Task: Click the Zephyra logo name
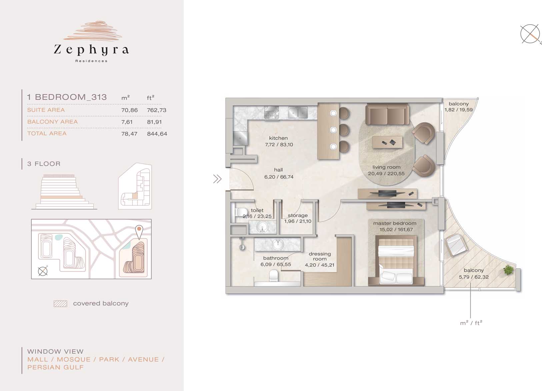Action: click(x=91, y=50)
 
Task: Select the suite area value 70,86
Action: click(x=129, y=110)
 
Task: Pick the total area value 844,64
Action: click(x=157, y=134)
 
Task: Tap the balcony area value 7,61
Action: click(x=127, y=122)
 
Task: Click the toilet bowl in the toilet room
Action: click(x=241, y=212)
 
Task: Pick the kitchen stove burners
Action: click(x=271, y=113)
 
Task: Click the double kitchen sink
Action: click(x=298, y=113)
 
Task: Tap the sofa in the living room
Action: click(x=387, y=114)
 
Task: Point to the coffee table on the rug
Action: click(x=387, y=142)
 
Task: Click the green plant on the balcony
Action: click(x=509, y=270)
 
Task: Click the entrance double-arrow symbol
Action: click(x=217, y=179)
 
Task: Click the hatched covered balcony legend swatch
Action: click(x=60, y=304)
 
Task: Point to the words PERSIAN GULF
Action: click(x=55, y=367)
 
